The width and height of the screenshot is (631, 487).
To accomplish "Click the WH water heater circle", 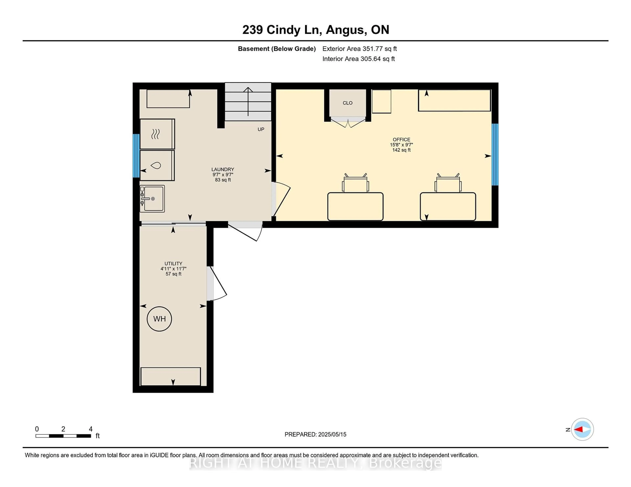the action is pyautogui.click(x=159, y=319).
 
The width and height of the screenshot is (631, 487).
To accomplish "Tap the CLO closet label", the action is pyautogui.click(x=348, y=103).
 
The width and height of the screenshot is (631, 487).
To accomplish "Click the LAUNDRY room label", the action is pyautogui.click(x=223, y=169).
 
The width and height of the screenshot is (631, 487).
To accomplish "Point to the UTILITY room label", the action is pyautogui.click(x=173, y=263).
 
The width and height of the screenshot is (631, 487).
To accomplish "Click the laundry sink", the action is pyautogui.click(x=152, y=199).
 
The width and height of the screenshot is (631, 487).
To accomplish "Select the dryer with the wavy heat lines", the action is pyautogui.click(x=157, y=134).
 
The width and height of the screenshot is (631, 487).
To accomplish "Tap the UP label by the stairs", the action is pyautogui.click(x=261, y=129).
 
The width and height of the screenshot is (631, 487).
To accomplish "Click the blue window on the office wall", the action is pyautogui.click(x=495, y=154).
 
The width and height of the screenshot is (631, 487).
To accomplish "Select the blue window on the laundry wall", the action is pyautogui.click(x=136, y=156).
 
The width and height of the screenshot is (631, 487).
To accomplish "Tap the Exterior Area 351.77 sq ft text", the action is pyautogui.click(x=360, y=49).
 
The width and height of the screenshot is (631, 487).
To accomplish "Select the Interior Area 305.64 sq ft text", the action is pyautogui.click(x=359, y=59).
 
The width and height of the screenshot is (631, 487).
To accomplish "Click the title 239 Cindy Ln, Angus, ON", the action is pyautogui.click(x=316, y=30).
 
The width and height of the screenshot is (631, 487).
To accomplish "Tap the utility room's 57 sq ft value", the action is pyautogui.click(x=173, y=274).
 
